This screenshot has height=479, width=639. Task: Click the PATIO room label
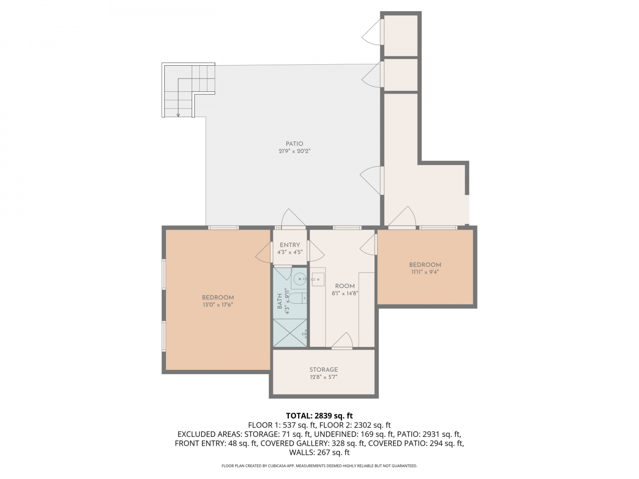[x=294, y=144]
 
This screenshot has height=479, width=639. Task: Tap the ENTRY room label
[x=290, y=245]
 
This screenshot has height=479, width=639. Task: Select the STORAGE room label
[x=323, y=369]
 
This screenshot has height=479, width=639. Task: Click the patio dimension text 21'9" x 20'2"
[x=294, y=151]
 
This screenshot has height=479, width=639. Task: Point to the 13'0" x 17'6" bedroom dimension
[x=218, y=305]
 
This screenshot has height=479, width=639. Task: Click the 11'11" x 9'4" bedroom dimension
[x=425, y=272]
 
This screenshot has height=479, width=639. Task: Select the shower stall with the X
[x=290, y=333]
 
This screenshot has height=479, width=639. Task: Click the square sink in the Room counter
[x=318, y=279]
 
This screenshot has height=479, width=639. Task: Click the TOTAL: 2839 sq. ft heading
[x=319, y=416]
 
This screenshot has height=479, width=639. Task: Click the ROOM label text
[x=345, y=286]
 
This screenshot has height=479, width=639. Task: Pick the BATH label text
[x=280, y=301]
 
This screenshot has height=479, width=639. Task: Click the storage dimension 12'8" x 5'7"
[x=323, y=377]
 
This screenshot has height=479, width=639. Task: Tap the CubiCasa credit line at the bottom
[x=319, y=466]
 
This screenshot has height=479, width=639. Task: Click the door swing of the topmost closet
[x=371, y=32]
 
